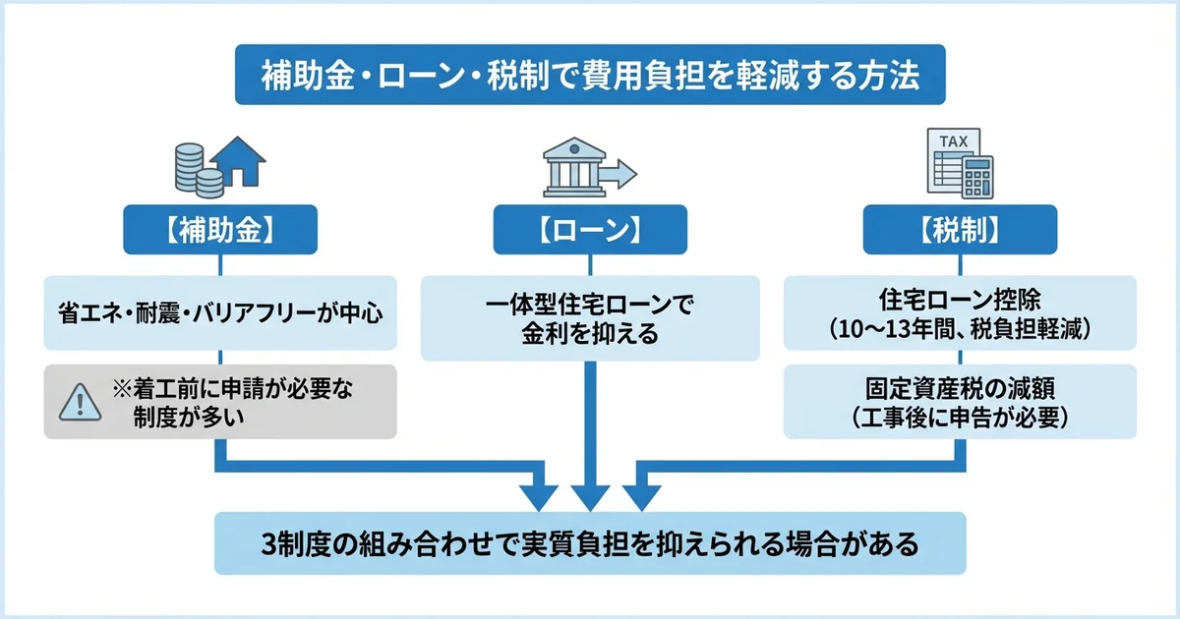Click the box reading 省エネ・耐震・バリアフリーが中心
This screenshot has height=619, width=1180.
point(220,315)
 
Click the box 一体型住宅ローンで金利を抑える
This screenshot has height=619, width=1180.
point(590,317)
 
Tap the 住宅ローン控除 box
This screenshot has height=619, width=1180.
point(960,312)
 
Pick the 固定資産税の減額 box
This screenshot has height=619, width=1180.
point(960,401)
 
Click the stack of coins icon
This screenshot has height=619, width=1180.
point(194,168)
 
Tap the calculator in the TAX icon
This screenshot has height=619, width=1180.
point(977,176)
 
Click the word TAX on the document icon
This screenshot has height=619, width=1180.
point(954,141)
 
